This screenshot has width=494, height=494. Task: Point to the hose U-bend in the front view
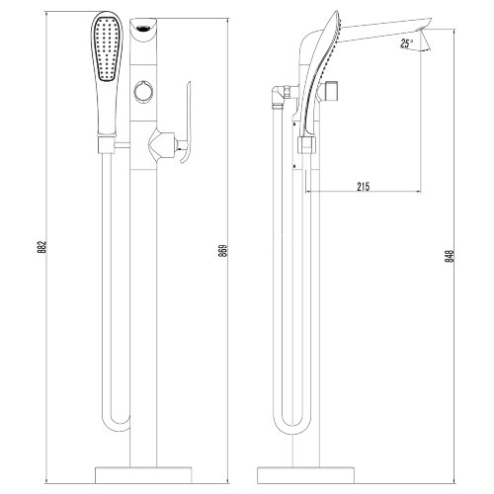[x=117, y=433]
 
